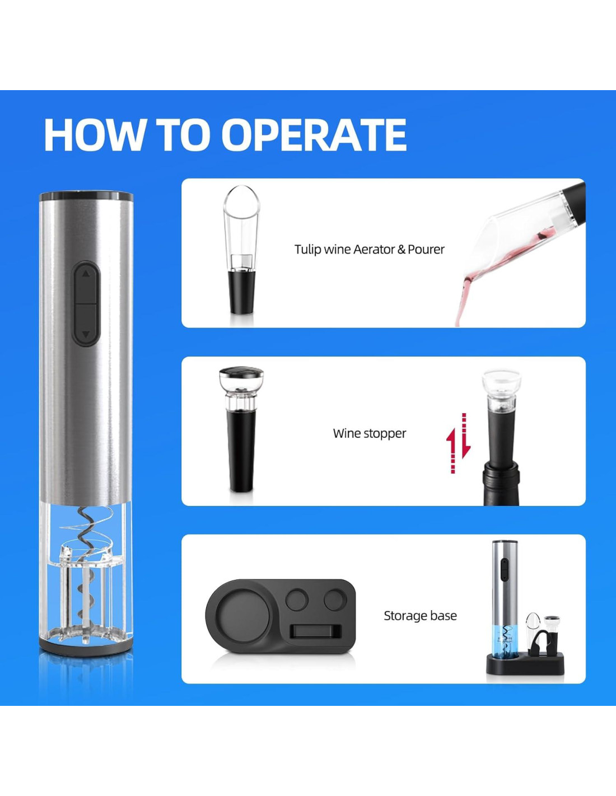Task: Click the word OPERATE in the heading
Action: coord(314,134)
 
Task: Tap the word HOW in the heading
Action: coord(94,134)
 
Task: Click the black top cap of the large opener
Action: coord(86,196)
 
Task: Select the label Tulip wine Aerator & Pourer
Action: coord(370,250)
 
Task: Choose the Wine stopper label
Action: coord(370,433)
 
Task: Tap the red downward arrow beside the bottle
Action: coord(465,436)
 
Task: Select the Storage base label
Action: coord(421,616)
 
